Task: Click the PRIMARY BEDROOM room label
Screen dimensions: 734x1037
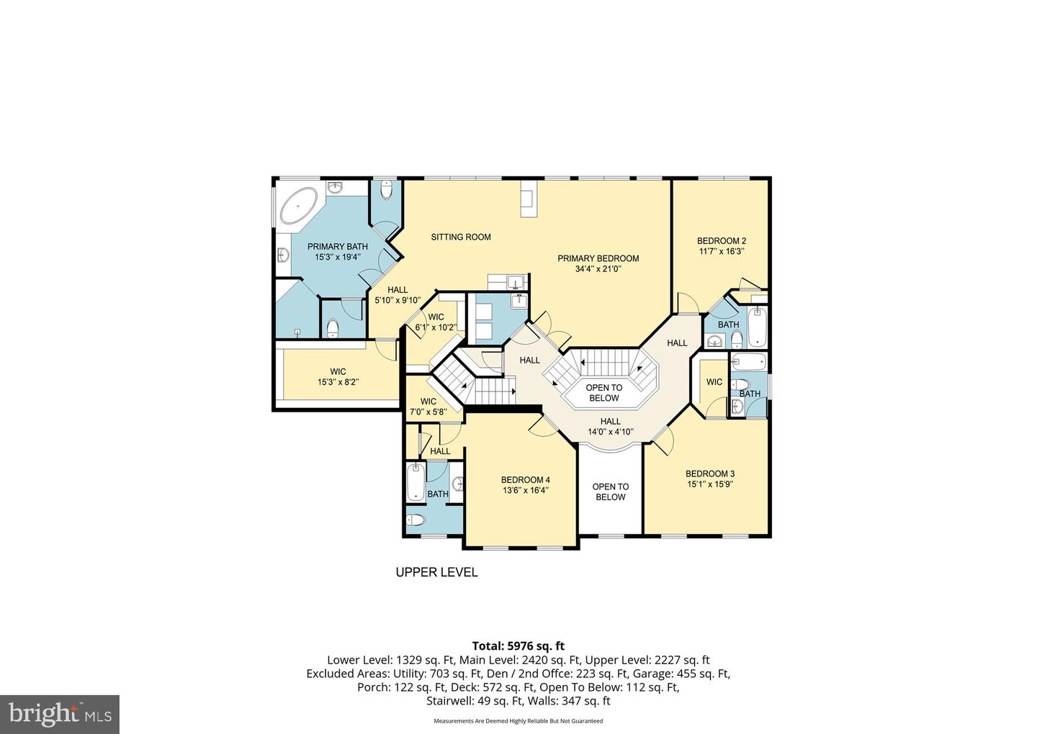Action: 598,258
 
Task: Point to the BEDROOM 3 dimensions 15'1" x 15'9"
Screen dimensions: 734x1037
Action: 709,484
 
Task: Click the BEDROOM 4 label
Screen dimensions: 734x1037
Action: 525,480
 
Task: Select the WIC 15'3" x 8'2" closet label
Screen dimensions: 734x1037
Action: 338,377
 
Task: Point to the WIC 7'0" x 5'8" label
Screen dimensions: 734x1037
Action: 428,407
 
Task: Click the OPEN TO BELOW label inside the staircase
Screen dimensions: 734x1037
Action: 603,393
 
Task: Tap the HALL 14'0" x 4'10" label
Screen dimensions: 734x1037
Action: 610,427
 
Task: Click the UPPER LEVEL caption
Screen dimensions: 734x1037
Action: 436,573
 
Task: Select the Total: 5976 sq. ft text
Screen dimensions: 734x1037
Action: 518,645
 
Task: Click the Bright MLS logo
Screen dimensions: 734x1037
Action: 60,714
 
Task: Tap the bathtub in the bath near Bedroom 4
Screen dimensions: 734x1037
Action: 416,483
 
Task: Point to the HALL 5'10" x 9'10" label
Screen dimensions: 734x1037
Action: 397,295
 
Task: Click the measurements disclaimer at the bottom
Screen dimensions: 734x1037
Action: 518,720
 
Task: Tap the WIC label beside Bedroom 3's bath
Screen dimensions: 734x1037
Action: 714,382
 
